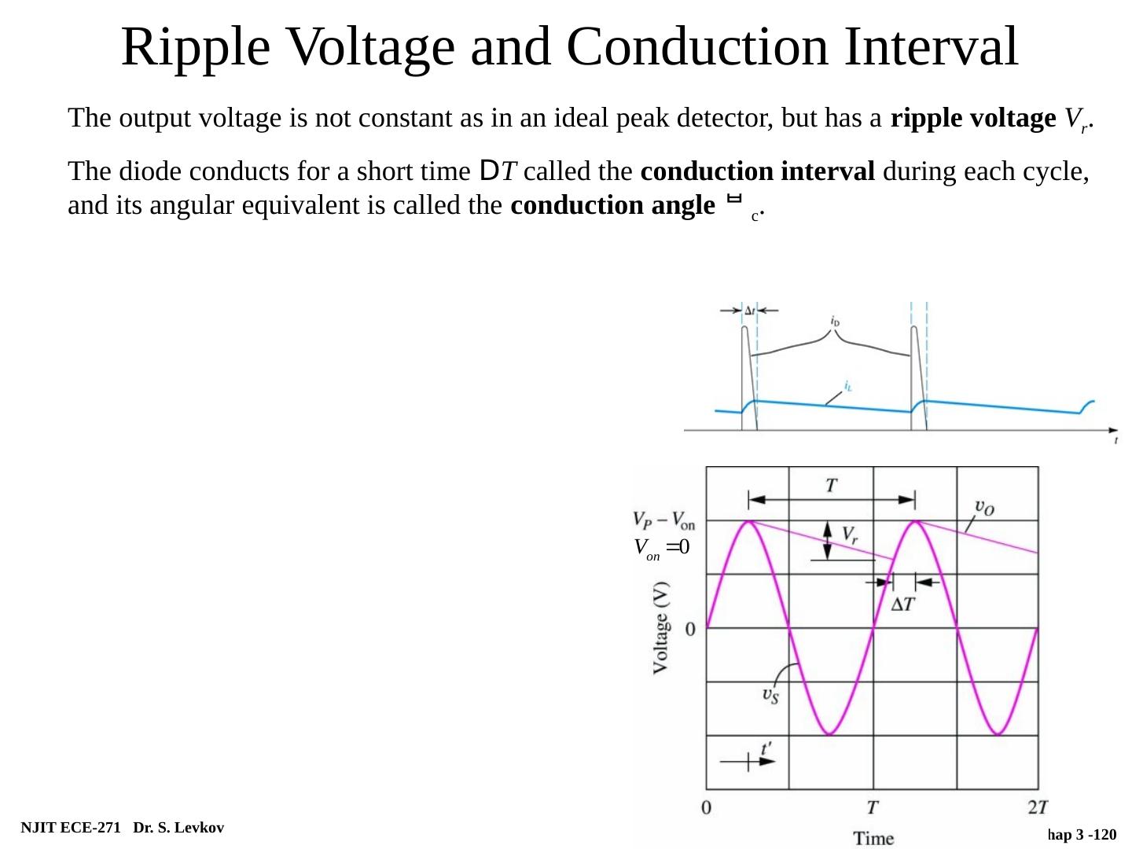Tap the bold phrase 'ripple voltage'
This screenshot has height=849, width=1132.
pyautogui.click(x=972, y=119)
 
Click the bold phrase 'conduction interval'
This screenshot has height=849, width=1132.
pyautogui.click(x=757, y=171)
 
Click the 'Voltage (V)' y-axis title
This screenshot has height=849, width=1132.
pyautogui.click(x=662, y=627)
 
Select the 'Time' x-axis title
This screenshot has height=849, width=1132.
pyautogui.click(x=873, y=838)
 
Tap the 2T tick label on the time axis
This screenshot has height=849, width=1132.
pyautogui.click(x=1037, y=807)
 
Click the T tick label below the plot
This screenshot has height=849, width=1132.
pyautogui.click(x=873, y=807)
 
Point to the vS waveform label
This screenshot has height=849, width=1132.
pyautogui.click(x=770, y=696)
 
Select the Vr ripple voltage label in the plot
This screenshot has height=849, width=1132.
pyautogui.click(x=850, y=535)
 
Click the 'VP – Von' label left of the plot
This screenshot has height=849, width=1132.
pyautogui.click(x=663, y=520)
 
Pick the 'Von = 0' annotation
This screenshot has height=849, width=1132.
pyautogui.click(x=661, y=548)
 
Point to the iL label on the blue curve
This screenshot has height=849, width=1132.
pyautogui.click(x=848, y=385)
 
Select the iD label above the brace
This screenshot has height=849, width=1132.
pyautogui.click(x=835, y=321)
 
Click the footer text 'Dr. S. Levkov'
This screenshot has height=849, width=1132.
pyautogui.click(x=178, y=828)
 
